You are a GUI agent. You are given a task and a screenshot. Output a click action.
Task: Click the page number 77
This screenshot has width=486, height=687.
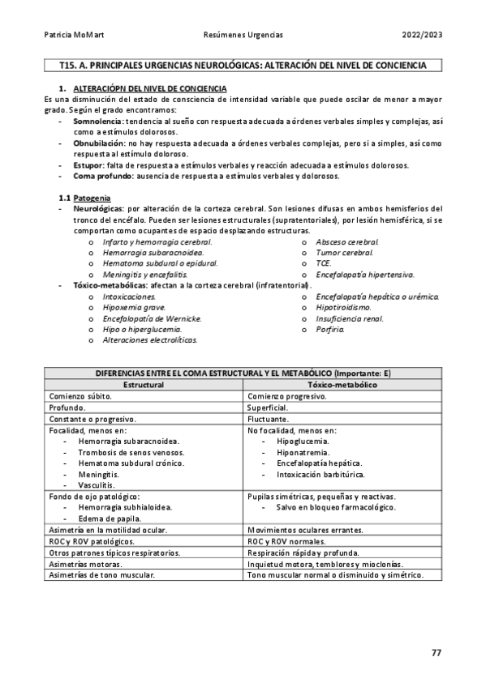436,652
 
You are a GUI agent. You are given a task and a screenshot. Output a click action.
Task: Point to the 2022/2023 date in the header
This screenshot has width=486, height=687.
422,36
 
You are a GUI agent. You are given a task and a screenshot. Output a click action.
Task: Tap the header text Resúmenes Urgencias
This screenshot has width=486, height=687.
243,36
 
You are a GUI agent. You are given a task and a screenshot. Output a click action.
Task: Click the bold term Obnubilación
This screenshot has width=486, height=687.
99,143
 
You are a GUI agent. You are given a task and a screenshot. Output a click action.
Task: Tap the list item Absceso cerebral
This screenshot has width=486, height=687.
346,241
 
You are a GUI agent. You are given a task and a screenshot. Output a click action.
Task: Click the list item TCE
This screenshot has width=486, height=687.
323,263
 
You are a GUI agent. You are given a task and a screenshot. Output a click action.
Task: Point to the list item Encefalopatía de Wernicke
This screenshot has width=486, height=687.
152,318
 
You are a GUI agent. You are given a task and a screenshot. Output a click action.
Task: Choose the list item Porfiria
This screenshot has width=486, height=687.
330,330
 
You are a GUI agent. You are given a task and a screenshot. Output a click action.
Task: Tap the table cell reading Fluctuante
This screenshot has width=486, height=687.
268,419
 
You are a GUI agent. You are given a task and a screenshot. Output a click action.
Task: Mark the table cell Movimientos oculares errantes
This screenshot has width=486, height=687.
305,529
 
